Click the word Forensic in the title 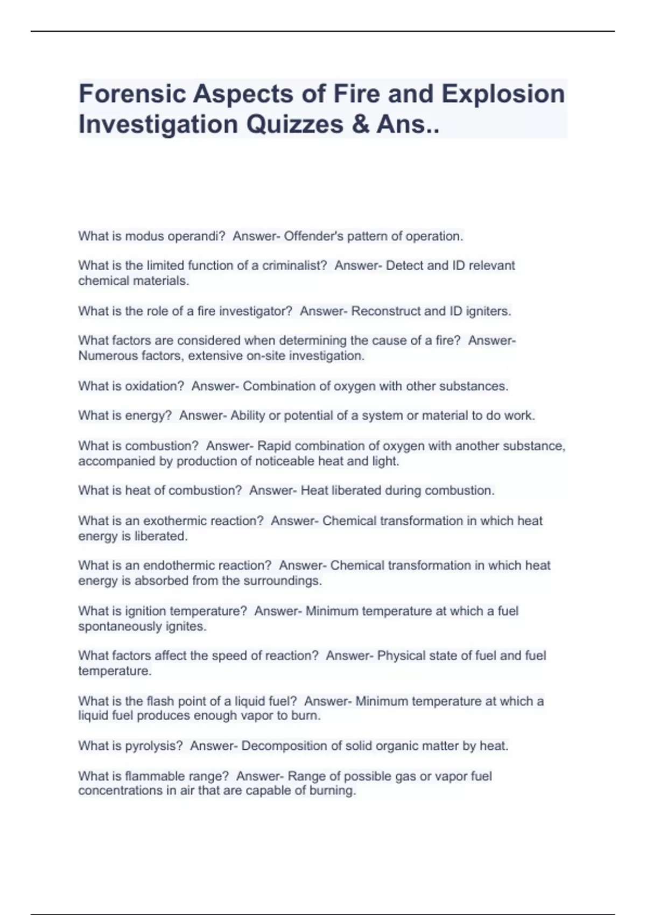(132, 94)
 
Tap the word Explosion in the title (503, 94)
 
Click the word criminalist (294, 265)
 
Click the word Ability (248, 416)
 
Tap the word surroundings (282, 581)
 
